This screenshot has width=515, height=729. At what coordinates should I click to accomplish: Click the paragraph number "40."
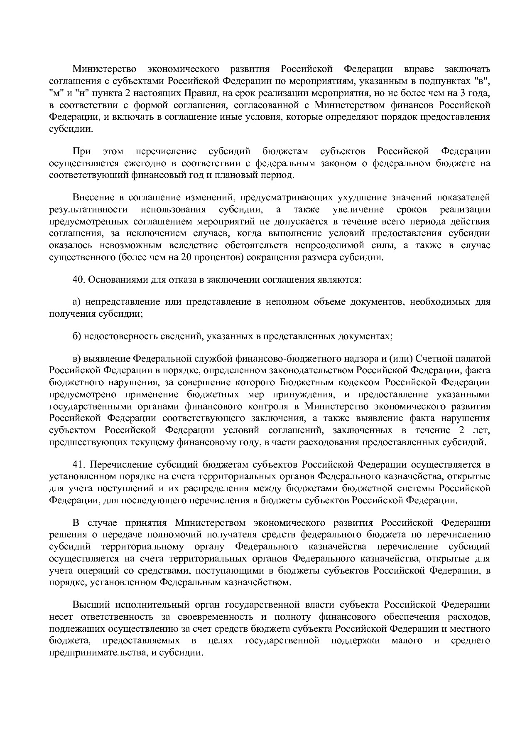point(78,280)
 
